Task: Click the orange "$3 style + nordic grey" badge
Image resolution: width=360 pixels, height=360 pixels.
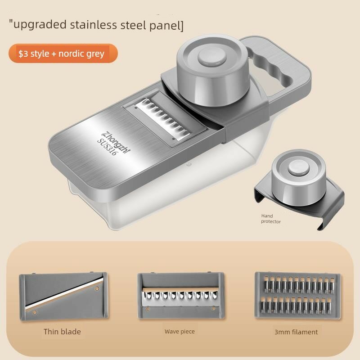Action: click(63, 53)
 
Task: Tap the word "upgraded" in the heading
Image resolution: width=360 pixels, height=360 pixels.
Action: click(40, 25)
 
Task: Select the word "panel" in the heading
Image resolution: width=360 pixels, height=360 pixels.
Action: click(164, 25)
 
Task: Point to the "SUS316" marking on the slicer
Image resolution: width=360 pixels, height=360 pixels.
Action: click(108, 147)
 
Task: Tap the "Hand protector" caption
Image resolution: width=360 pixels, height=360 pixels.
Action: click(271, 219)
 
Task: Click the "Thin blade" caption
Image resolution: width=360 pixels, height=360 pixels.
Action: click(62, 332)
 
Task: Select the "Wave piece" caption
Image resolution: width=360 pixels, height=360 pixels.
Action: click(180, 332)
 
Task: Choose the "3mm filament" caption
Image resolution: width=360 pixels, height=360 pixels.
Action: click(296, 332)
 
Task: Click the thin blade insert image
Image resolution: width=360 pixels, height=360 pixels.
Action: click(63, 296)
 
